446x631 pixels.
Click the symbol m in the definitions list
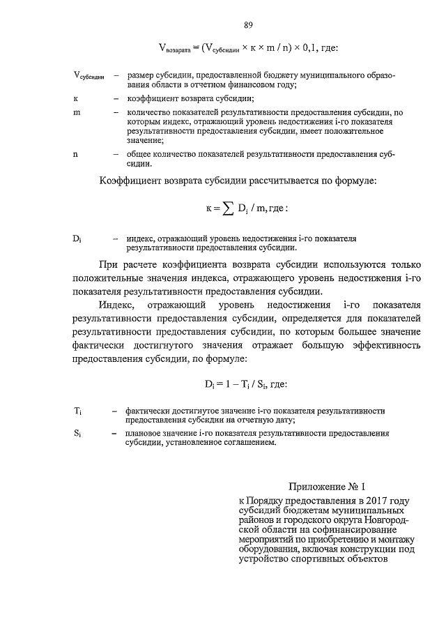[77, 112]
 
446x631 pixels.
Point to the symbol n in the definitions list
[75, 154]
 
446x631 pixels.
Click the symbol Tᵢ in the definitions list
[78, 411]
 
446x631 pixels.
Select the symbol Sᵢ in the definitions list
[78, 434]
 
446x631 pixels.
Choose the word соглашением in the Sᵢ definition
[243, 443]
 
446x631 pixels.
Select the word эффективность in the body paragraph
[388, 347]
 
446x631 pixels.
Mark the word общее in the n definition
[139, 154]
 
